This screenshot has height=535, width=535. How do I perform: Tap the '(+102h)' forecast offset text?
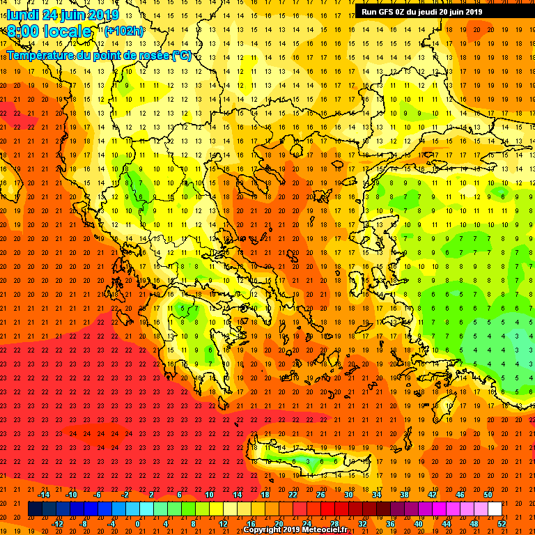point(124,31)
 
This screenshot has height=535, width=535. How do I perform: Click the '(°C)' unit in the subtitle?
point(182,56)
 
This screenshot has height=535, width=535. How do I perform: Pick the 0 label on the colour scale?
point(139,524)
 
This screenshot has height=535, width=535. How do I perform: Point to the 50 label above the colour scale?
point(488,495)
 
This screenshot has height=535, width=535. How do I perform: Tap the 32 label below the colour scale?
point(362,524)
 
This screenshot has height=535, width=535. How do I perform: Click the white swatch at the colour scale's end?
point(495,509)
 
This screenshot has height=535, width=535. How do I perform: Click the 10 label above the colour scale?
point(209,495)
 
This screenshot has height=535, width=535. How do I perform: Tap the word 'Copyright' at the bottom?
point(262,530)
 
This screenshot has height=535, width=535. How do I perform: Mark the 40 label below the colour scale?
point(418,524)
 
